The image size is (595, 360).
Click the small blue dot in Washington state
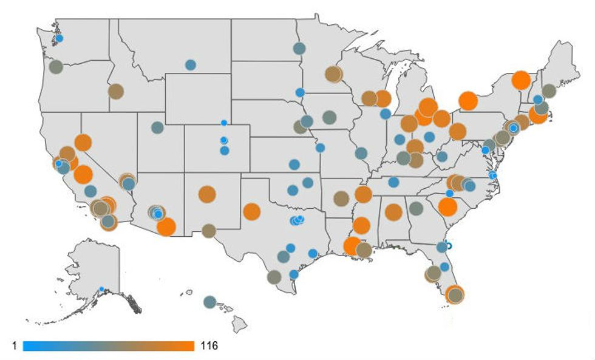click(x=59, y=38)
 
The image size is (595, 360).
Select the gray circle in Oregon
click(x=56, y=67)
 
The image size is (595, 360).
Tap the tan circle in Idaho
click(x=115, y=92)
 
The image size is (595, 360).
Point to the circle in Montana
click(x=190, y=64)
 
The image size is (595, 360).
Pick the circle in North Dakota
click(x=299, y=48)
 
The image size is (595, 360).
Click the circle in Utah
click(x=157, y=127)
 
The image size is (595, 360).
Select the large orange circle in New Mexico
click(x=207, y=194)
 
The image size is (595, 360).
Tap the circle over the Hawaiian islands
click(x=209, y=301)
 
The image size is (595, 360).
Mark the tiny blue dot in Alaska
click(x=101, y=289)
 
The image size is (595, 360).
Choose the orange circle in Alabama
click(x=393, y=212)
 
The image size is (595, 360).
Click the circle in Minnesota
click(x=333, y=74)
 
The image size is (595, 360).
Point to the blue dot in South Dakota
click(x=299, y=92)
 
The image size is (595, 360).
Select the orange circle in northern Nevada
click(x=83, y=143)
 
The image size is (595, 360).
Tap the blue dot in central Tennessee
click(x=393, y=182)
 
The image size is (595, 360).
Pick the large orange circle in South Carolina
click(x=447, y=208)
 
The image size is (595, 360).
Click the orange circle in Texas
click(x=251, y=212)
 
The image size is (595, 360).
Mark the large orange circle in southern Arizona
click(x=166, y=226)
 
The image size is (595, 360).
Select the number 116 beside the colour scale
click(x=208, y=346)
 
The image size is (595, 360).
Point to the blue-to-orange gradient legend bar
click(x=109, y=346)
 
